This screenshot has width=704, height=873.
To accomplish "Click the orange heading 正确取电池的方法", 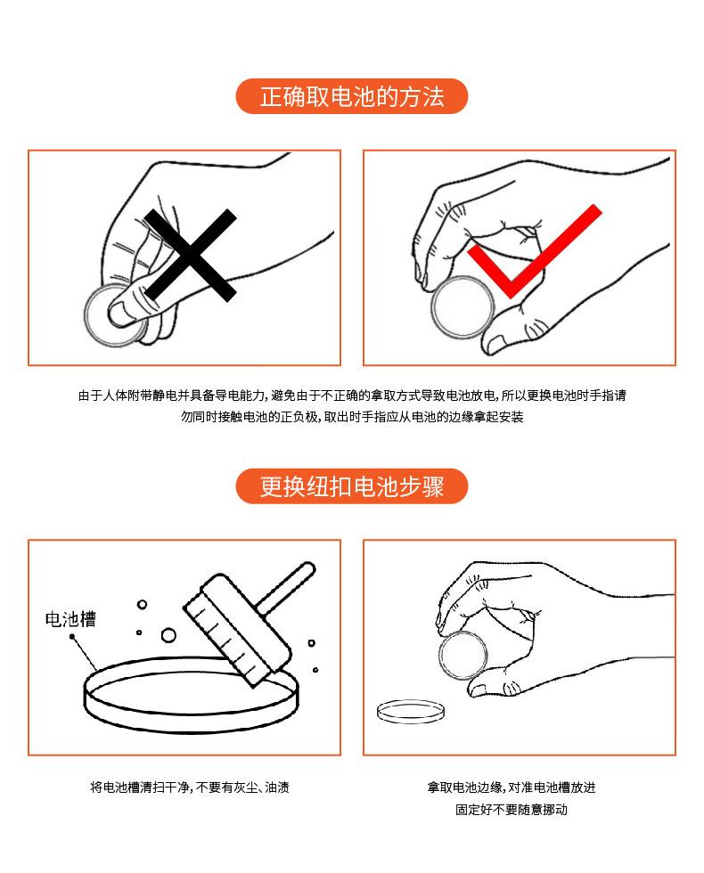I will coord(351,96).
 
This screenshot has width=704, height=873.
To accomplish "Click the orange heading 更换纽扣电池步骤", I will coord(351,486).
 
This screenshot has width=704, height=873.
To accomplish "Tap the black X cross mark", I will coord(190,255).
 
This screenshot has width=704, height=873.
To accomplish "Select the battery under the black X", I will coord(112,316).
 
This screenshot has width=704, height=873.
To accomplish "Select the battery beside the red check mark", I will coord(462,307).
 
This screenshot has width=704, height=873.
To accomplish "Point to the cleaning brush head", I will coord(237,629).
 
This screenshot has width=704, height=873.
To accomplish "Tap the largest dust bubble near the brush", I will coord(168,635).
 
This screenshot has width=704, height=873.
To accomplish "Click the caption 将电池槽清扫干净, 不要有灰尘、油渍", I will coord(189,787).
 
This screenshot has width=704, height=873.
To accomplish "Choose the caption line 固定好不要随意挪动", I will coord(511,810).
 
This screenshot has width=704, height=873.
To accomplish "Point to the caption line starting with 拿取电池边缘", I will coord(511,787).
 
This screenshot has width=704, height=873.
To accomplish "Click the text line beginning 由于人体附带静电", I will coord(351,396).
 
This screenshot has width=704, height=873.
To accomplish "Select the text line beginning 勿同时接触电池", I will coord(351,417).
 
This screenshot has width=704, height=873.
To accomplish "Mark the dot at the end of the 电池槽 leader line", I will coord(72,637).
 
